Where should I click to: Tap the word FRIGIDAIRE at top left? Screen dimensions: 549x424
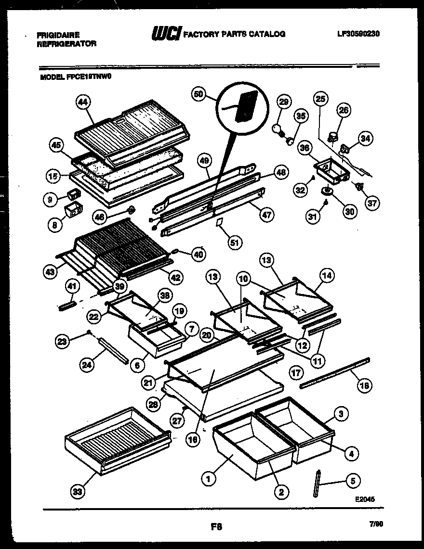(58, 35)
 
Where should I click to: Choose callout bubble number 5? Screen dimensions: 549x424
(353, 480)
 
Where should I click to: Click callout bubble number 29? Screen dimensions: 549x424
(284, 102)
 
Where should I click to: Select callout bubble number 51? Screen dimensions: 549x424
(235, 243)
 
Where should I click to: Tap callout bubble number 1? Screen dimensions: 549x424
(208, 479)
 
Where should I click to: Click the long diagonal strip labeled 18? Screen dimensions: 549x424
(335, 371)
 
